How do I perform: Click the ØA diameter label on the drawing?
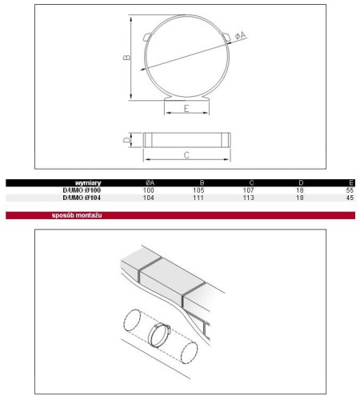[x=241, y=35]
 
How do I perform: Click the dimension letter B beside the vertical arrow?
[x=127, y=57]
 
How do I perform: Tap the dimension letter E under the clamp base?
[x=186, y=109]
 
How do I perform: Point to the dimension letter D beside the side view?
[x=127, y=139]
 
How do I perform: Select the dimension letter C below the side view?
[x=186, y=155]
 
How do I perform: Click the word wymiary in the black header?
[x=88, y=183]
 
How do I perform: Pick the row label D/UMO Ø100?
[x=82, y=190]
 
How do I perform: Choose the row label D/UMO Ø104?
[x=82, y=198]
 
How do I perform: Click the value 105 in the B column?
[x=198, y=190]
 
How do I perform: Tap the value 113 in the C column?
[x=249, y=198]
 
